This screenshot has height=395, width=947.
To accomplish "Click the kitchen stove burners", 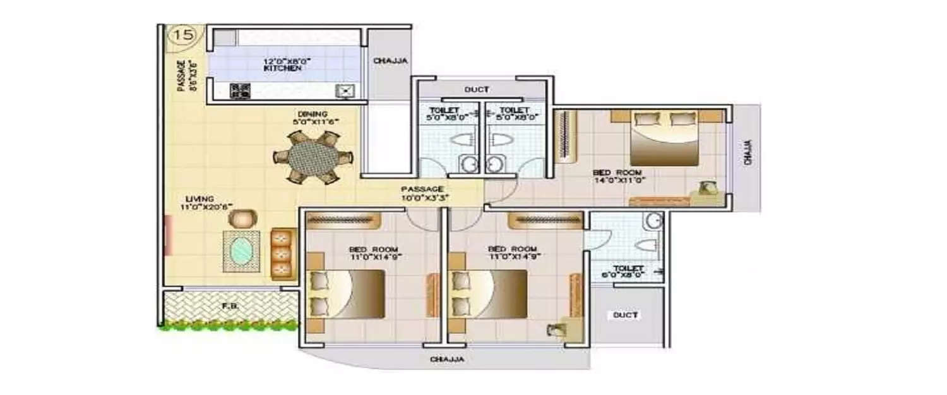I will coord(240,91).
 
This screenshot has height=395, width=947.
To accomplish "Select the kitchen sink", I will coord(347,91).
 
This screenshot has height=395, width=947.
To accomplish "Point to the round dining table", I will coord(313,157).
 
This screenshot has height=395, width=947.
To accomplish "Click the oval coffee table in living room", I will coord(241,252).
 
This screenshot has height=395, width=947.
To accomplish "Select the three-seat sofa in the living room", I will coord(283,254).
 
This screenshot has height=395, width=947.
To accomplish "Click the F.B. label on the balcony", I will coord(229,308).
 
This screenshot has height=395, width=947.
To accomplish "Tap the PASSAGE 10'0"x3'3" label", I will coord(422,193).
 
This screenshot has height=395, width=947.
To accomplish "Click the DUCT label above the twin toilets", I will coord(477,90).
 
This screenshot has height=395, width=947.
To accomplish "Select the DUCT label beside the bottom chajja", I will coord(626,315).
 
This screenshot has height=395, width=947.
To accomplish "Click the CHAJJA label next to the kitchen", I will coord(390,61).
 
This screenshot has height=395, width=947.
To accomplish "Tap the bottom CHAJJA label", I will coord(447,360).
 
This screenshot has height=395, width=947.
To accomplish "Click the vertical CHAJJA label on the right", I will coord(747,152).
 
